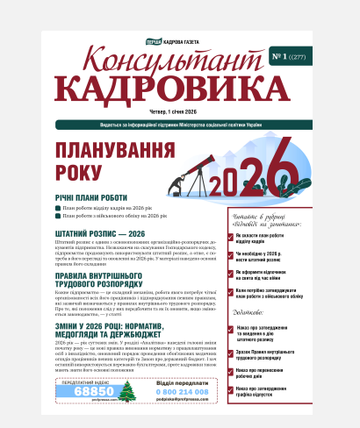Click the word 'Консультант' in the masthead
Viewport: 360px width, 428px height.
pyautogui.click(x=176, y=64)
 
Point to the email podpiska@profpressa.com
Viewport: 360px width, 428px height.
pyautogui.click(x=183, y=400)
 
